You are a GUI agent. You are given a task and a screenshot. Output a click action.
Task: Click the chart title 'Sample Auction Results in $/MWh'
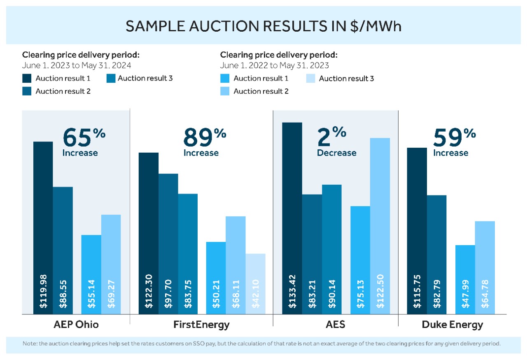coord(263,26)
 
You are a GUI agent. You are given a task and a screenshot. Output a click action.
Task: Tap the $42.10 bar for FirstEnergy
coord(255,284)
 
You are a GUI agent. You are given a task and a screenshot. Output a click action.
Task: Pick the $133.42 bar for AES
coord(292,218)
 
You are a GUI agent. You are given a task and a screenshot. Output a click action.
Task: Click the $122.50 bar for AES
coord(380,226)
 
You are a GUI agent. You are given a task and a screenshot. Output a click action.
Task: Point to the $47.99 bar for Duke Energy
coord(465,280)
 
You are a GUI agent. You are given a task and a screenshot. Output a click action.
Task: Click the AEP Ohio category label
coord(76,325)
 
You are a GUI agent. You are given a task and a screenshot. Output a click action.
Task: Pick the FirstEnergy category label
coord(201,325)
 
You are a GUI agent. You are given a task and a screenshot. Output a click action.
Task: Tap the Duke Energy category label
coord(452,325)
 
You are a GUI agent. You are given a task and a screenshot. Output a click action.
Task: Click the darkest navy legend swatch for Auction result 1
coord(27,78)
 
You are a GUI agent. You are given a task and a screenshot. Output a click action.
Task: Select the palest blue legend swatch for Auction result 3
coord(311,78)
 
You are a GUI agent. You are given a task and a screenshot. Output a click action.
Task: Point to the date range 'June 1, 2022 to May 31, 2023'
coord(274,65)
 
